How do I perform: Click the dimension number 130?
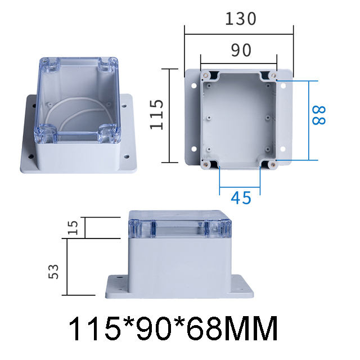pos(241,19)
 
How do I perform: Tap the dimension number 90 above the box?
pos(240,51)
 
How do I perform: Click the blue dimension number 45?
pos(241,197)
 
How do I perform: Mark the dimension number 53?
pos(54,273)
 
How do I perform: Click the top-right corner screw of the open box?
pos(273,75)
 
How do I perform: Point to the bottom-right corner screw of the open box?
pos(272,164)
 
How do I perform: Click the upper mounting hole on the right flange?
pos(283,87)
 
